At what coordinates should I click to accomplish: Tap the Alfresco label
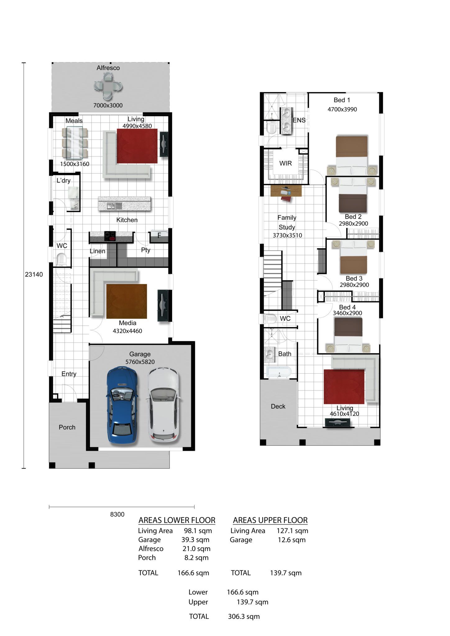(108, 68)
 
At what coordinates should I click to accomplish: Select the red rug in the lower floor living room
(137, 146)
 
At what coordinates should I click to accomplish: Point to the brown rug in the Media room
(126, 301)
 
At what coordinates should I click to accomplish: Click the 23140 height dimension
(34, 274)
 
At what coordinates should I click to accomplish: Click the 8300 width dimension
(117, 514)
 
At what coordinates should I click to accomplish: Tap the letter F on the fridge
(159, 235)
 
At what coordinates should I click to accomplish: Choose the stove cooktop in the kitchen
(110, 236)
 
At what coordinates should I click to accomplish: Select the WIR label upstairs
(285, 163)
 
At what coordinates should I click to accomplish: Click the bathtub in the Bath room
(279, 372)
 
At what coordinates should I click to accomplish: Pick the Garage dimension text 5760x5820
(140, 362)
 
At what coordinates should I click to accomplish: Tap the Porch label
(67, 427)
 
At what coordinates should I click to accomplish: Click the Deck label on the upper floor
(278, 406)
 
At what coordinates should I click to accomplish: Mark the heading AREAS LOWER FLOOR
(177, 520)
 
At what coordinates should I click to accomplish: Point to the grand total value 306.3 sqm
(244, 616)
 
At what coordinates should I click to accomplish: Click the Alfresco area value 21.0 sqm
(196, 549)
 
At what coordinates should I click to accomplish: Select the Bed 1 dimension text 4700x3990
(342, 109)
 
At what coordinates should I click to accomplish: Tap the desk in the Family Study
(286, 191)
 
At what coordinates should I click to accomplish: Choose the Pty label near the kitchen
(145, 250)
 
